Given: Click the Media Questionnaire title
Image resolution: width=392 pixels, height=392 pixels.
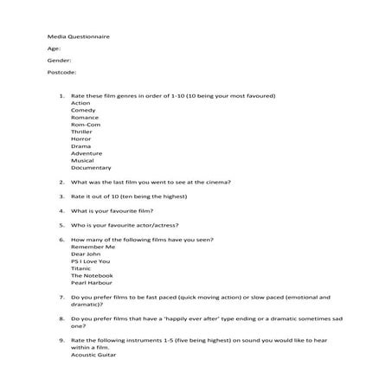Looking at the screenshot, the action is coord(79,36).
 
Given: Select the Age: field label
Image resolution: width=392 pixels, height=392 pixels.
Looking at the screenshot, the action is coord(55,48).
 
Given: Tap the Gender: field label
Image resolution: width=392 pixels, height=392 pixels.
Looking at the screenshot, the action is coord(60,61).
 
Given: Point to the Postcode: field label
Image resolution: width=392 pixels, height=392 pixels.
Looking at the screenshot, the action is coord(62,73).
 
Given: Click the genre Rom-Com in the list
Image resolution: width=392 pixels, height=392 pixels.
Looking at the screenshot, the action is coord(85,124).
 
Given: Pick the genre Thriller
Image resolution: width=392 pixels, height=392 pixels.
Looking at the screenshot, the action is coord(82,132).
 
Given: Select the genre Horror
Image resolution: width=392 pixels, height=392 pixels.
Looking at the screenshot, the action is coord(81,139).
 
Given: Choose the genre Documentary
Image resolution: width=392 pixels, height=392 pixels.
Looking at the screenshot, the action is coord(91,167).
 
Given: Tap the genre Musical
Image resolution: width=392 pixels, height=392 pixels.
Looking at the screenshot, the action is coord(83,160).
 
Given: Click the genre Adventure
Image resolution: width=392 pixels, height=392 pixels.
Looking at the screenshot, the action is coord(87,153).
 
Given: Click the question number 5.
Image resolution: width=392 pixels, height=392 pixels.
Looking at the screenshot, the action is coord(61,224).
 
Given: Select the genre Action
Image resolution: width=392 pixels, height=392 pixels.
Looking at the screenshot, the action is coord(80,103).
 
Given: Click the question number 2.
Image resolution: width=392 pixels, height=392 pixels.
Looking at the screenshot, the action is coord(61,182).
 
